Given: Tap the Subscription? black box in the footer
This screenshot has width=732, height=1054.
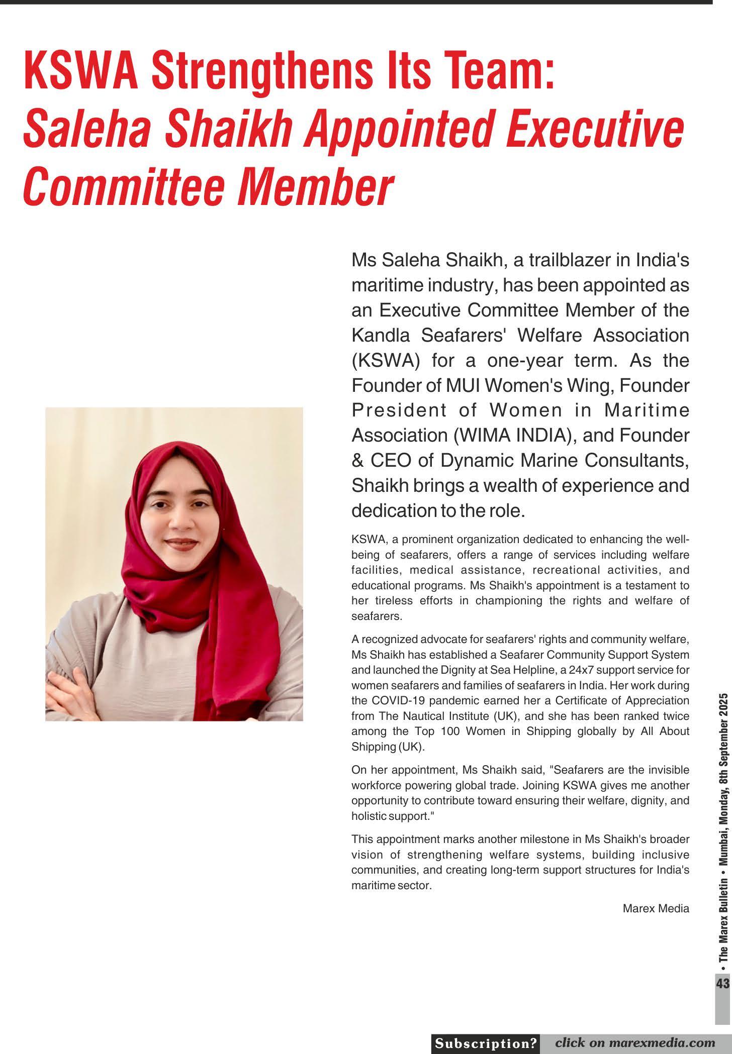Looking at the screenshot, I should [486, 1043].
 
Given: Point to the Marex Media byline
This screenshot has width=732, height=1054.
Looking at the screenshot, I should [656, 908].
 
